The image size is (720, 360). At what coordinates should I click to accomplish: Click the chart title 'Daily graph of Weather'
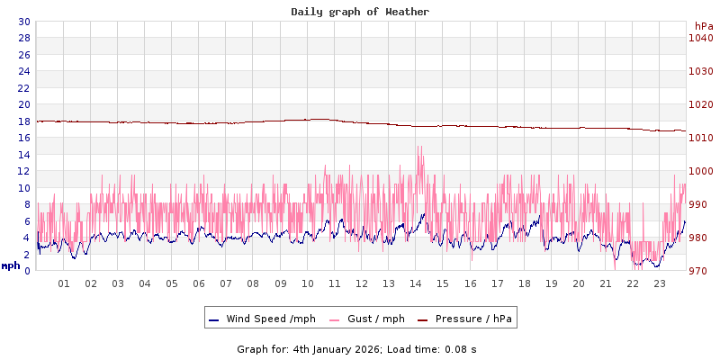(360, 12)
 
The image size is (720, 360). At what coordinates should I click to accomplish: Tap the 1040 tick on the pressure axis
(701, 38)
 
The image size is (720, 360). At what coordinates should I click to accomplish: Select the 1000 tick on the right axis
(701, 171)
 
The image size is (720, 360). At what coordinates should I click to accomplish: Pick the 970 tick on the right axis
(701, 271)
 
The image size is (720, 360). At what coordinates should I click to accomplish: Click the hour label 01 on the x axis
(64, 283)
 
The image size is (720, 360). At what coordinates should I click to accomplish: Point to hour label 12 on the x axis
(362, 283)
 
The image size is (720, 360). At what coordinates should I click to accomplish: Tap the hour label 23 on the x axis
(660, 283)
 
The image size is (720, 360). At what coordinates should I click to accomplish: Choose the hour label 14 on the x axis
(416, 283)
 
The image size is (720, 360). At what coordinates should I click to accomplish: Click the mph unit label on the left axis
(11, 265)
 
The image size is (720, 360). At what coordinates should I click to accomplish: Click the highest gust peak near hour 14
(418, 147)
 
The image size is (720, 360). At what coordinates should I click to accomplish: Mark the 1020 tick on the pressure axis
(701, 104)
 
